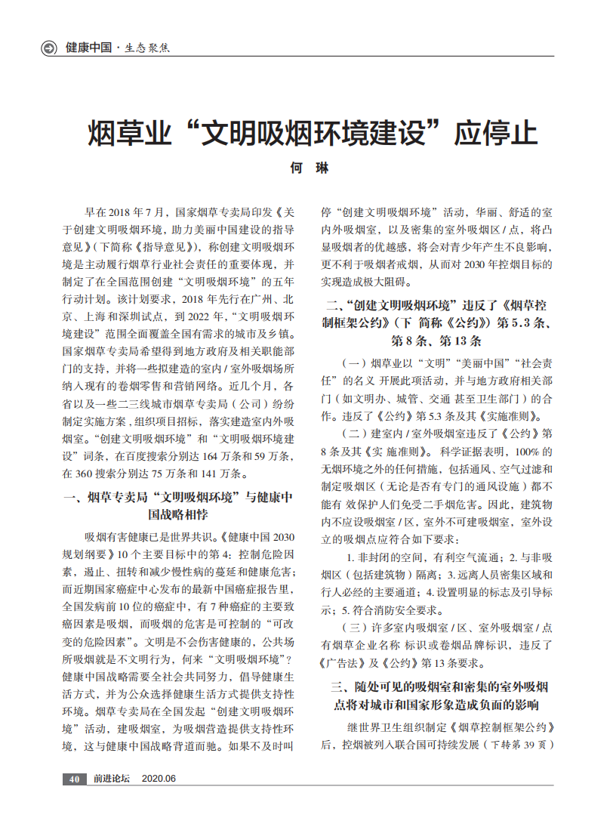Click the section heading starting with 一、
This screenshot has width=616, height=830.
(178, 504)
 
